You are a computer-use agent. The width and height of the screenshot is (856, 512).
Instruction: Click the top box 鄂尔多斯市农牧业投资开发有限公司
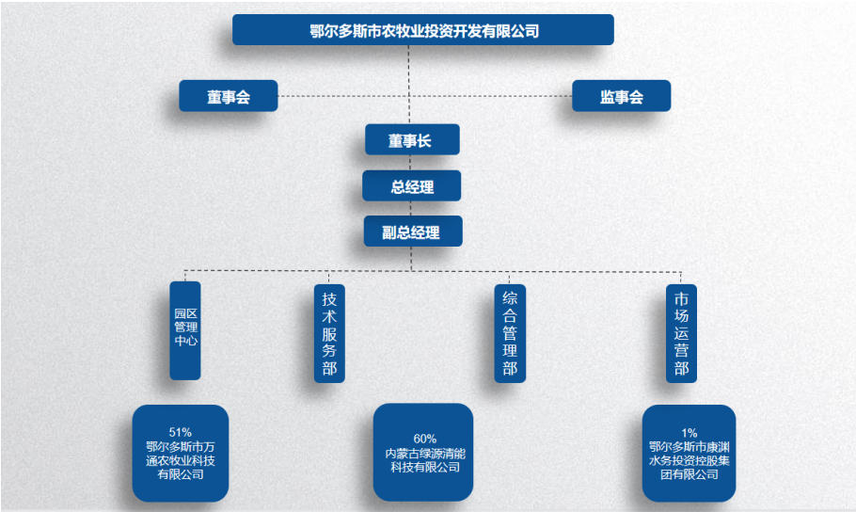pyautogui.click(x=423, y=30)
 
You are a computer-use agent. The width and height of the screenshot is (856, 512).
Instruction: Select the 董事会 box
pyautogui.click(x=229, y=96)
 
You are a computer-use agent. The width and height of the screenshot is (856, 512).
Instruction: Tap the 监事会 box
pyautogui.click(x=621, y=96)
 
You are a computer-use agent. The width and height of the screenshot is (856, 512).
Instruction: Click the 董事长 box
pyautogui.click(x=412, y=140)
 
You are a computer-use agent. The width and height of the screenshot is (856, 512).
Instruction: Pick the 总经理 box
pyautogui.click(x=412, y=186)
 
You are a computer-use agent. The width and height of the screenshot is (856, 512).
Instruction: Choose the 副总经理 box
pyautogui.click(x=412, y=232)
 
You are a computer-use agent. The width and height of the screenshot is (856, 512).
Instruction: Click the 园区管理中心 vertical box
pyautogui.click(x=185, y=330)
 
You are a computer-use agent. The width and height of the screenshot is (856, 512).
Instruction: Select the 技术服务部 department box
pyautogui.click(x=329, y=333)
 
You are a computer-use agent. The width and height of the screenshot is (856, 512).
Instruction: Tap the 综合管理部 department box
pyautogui.click(x=510, y=333)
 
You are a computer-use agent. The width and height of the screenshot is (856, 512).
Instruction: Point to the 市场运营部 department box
pyautogui.click(x=681, y=333)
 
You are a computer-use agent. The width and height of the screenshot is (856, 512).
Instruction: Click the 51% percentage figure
pyautogui.click(x=181, y=432)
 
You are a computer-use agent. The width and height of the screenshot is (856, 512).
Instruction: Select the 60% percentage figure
pyautogui.click(x=424, y=438)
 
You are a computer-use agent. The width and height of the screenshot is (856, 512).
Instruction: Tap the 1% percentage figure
pyautogui.click(x=690, y=433)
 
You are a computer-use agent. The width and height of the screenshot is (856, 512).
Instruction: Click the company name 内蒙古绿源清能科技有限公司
pyautogui.click(x=424, y=459)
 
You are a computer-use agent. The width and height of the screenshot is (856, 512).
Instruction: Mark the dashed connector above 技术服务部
pyautogui.click(x=326, y=277)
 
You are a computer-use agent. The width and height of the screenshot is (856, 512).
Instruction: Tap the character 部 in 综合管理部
pyautogui.click(x=510, y=368)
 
